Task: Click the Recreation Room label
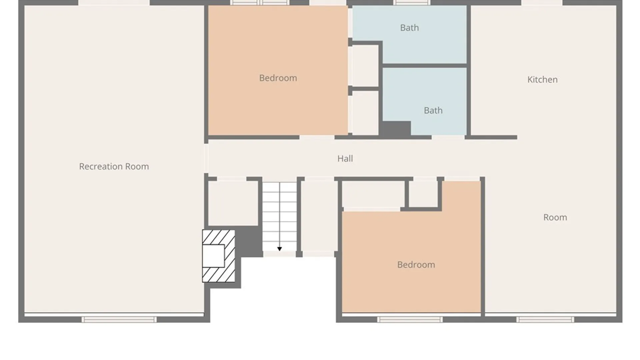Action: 114,166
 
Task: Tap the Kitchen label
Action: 542,80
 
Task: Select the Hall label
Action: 345,158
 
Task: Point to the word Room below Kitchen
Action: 555,217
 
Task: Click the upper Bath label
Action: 409,28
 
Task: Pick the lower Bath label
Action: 433,110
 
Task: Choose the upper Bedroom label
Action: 278,78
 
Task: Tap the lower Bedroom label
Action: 416,265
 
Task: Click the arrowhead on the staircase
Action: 279,249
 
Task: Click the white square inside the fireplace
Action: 213,256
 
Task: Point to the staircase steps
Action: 279,217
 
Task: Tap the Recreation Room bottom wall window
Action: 119,320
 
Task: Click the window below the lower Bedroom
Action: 410,320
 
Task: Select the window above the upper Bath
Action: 412,3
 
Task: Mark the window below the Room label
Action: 545,320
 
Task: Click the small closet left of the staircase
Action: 233,203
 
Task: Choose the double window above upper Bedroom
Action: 260,3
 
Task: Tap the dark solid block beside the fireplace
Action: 249,241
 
